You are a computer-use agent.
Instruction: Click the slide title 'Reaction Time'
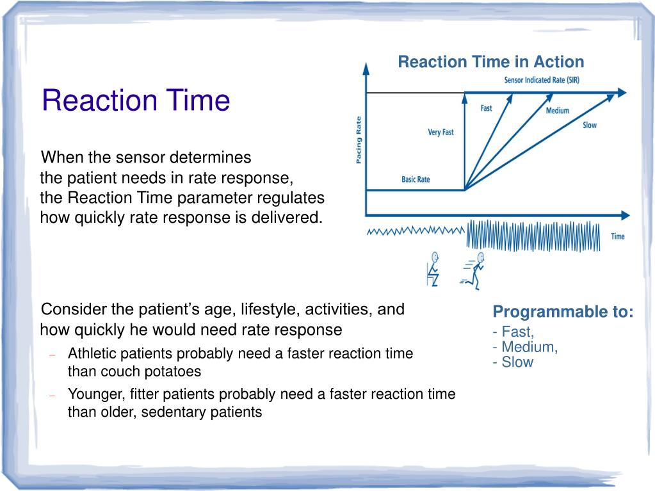(x=136, y=101)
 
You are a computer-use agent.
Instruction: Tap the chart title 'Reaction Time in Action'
(x=491, y=62)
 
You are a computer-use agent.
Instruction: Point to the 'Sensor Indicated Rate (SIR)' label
(x=542, y=80)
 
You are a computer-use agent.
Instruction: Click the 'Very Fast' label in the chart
(x=441, y=133)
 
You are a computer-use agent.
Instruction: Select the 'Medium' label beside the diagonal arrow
(x=558, y=111)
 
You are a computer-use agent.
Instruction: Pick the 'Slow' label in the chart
(x=590, y=125)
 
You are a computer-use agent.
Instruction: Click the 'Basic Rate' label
(x=416, y=179)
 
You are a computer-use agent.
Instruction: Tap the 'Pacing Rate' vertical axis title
(x=359, y=140)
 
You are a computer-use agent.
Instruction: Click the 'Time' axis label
(x=618, y=236)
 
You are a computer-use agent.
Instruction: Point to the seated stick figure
(x=433, y=270)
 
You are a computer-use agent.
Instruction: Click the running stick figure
(x=473, y=271)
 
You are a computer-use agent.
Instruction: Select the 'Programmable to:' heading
(x=563, y=312)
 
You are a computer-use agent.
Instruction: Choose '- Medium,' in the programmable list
(x=525, y=347)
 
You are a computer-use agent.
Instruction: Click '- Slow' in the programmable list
(x=513, y=362)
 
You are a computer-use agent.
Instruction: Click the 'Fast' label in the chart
(x=486, y=108)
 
